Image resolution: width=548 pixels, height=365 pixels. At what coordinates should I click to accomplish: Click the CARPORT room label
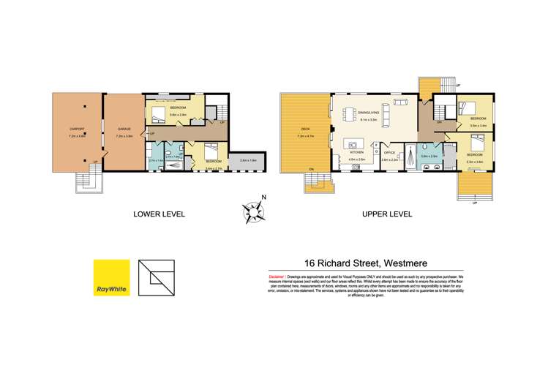76,129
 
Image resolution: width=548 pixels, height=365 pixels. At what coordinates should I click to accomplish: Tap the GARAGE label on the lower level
124,129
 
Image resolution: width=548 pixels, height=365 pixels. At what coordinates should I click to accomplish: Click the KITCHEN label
356,154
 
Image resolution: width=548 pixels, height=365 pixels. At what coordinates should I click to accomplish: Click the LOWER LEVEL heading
159,214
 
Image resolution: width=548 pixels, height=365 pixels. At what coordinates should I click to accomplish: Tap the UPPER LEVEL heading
386,214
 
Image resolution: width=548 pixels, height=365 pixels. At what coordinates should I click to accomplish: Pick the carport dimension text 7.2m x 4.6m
76,136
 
